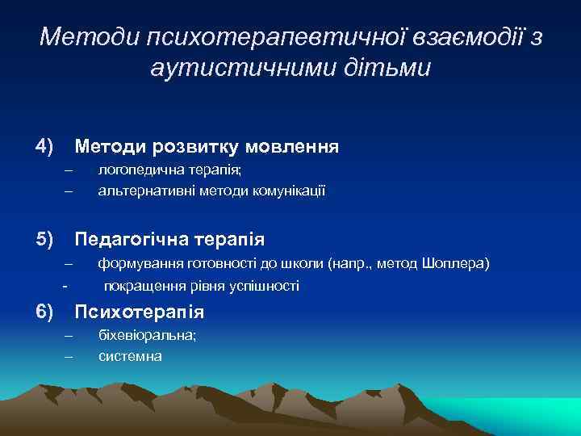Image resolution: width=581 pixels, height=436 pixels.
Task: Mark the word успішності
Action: pos(264,286)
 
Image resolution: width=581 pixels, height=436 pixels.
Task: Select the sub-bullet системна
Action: pos(130,355)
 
